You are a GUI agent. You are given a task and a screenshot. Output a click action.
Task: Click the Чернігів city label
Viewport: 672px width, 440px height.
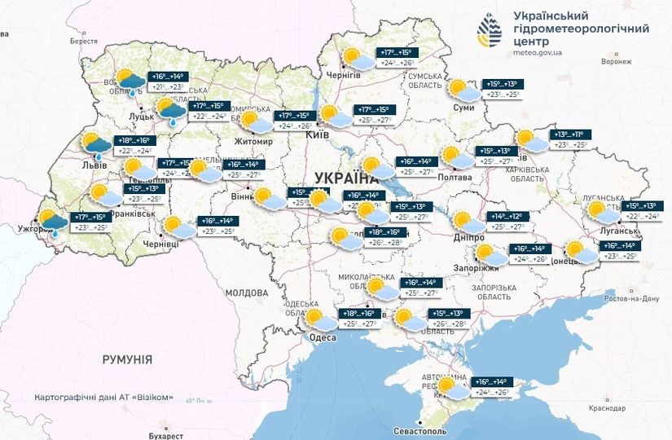click(x=343, y=75)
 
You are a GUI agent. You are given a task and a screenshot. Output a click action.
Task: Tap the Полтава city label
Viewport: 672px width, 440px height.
click(x=455, y=177)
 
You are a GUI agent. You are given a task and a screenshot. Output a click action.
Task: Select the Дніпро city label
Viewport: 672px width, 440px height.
click(x=470, y=237)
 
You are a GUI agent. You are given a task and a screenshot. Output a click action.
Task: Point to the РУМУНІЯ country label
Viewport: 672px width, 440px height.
click(x=127, y=359)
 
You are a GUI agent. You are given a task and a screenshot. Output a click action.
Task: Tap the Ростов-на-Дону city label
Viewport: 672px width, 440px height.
click(x=631, y=299)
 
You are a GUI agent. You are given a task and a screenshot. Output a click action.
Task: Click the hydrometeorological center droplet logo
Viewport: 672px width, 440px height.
click(x=490, y=30)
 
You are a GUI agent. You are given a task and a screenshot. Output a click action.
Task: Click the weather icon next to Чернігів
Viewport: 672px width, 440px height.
click(x=354, y=57)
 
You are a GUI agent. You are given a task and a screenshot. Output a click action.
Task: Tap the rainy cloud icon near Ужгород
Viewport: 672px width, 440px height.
click(x=54, y=222)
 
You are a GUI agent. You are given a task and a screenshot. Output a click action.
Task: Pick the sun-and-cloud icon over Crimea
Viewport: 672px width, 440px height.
click(x=450, y=388)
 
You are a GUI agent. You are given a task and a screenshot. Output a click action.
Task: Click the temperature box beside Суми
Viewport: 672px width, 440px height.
click(x=502, y=90)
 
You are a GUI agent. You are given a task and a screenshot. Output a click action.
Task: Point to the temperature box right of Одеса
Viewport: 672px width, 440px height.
click(x=359, y=319)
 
